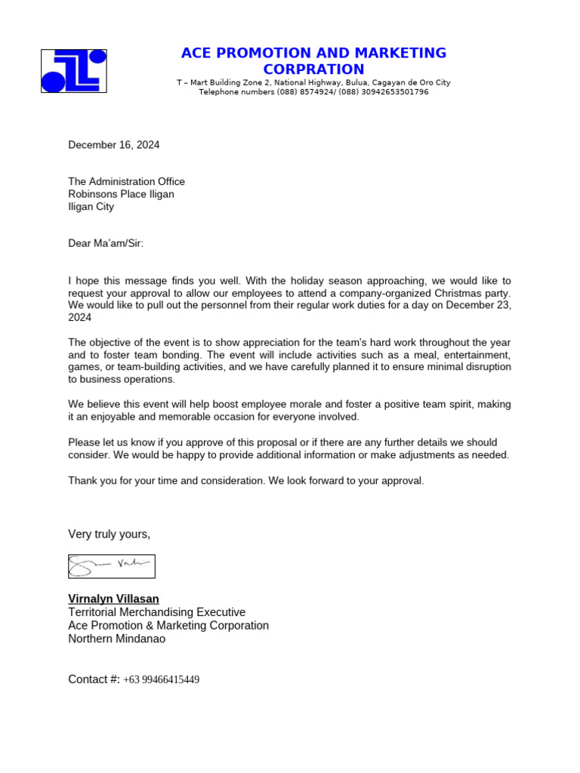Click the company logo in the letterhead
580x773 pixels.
[73, 71]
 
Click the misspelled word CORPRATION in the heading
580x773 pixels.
[313, 70]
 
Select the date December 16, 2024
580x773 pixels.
[114, 145]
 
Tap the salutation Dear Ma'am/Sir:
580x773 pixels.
[106, 243]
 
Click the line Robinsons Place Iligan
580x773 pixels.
[121, 194]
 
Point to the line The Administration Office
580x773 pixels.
[126, 181]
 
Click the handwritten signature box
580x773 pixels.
[111, 566]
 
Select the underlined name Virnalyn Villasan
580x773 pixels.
[113, 599]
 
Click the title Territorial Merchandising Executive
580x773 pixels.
[156, 612]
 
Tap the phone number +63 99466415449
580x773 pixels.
[161, 679]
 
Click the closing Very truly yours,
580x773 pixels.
[109, 534]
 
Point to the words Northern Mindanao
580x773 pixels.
[116, 639]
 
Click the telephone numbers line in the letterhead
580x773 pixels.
[313, 92]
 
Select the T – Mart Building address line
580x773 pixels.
[313, 82]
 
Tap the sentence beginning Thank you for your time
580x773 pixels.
[246, 480]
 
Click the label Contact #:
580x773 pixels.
[94, 679]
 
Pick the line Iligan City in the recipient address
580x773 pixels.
[91, 206]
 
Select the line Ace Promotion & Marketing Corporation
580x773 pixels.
[168, 625]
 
